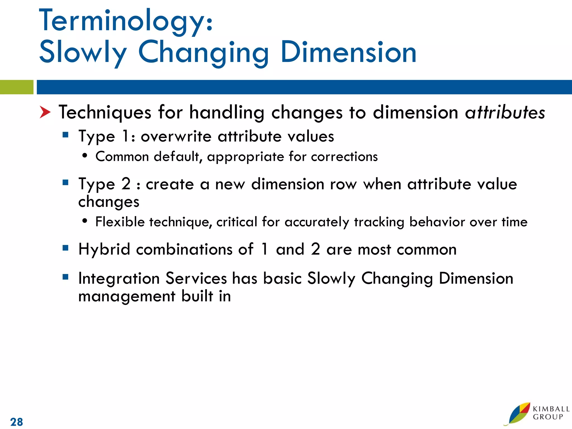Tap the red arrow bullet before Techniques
[x=45, y=112]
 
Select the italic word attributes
[x=505, y=113]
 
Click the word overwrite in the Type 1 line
[x=176, y=137]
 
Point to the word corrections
[x=344, y=157]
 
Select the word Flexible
[x=120, y=222]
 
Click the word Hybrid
[x=104, y=249]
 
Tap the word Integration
[x=119, y=278]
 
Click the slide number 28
[x=16, y=422]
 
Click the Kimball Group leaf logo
[x=518, y=414]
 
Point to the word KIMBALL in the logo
[x=551, y=409]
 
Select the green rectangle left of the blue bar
[x=16, y=87]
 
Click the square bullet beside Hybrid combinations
[x=66, y=248]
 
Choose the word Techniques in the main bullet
[x=105, y=113]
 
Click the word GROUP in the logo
[x=548, y=417]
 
